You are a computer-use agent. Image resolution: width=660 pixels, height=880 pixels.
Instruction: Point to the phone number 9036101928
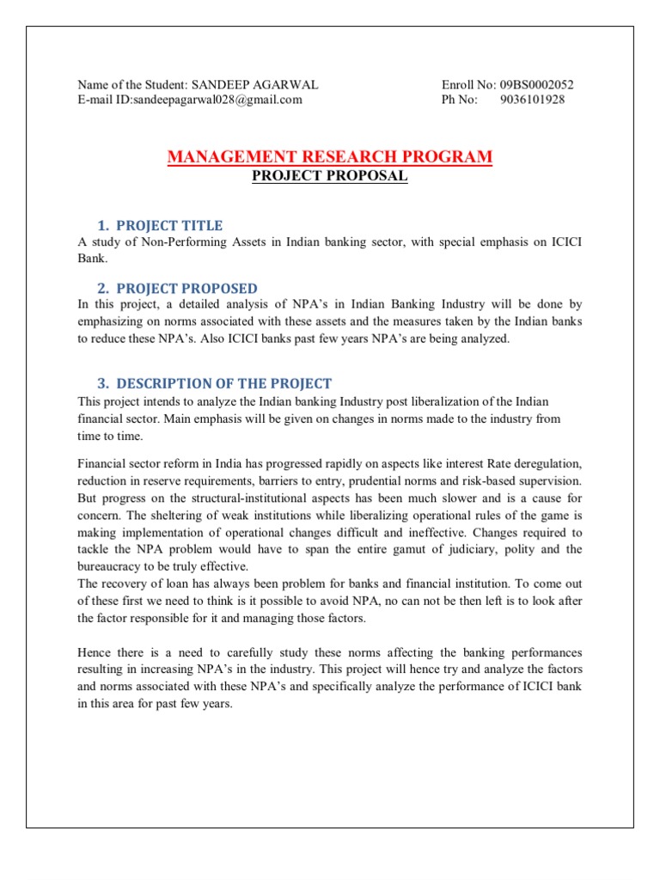532,100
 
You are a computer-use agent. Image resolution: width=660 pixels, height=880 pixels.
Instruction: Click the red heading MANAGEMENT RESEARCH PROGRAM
330,156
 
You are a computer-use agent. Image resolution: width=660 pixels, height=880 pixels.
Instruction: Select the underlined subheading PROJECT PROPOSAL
329,176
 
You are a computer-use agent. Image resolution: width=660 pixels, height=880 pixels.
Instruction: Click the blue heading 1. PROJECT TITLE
161,225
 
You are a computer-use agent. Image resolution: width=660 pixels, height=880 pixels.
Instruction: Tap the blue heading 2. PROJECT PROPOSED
178,288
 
